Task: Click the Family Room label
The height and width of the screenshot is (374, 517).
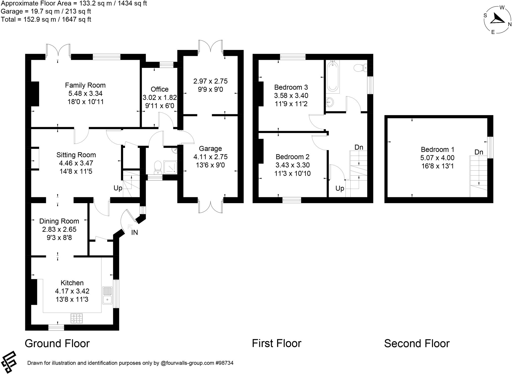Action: [x=85, y=85]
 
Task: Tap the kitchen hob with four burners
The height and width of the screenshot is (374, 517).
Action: [x=76, y=318]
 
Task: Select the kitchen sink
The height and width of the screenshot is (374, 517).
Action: [x=107, y=296]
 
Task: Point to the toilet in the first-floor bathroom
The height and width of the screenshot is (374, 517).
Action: [x=360, y=68]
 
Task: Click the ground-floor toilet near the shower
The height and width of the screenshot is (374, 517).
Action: [x=158, y=167]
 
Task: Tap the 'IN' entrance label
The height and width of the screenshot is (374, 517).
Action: [x=135, y=233]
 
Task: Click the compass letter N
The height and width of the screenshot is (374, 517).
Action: [x=510, y=24]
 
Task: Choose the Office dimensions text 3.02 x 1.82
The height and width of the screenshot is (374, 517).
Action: [x=160, y=97]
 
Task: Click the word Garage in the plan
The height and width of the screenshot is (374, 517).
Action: [x=210, y=149]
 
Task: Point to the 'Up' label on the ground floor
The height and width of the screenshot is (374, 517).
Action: [x=118, y=188]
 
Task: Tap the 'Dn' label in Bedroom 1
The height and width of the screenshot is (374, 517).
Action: [x=479, y=152]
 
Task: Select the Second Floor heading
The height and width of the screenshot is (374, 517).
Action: [x=417, y=343]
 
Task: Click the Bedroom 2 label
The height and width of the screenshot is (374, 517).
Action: [x=292, y=157]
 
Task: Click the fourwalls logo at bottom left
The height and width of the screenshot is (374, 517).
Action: [x=9, y=362]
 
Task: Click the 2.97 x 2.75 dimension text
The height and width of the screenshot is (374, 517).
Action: [x=210, y=81]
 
